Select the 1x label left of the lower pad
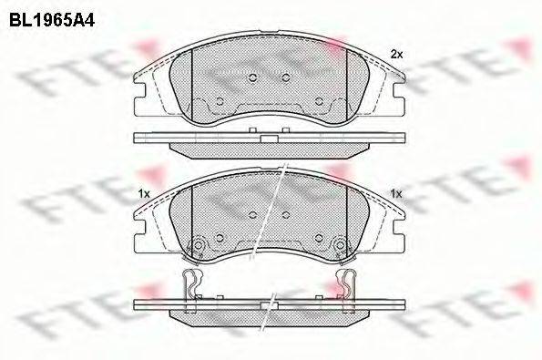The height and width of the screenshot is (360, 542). (143, 194)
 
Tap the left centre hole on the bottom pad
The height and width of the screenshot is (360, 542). (252, 214)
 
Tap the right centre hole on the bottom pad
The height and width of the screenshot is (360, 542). (285, 214)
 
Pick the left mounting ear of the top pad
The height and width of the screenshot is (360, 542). (142, 87)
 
